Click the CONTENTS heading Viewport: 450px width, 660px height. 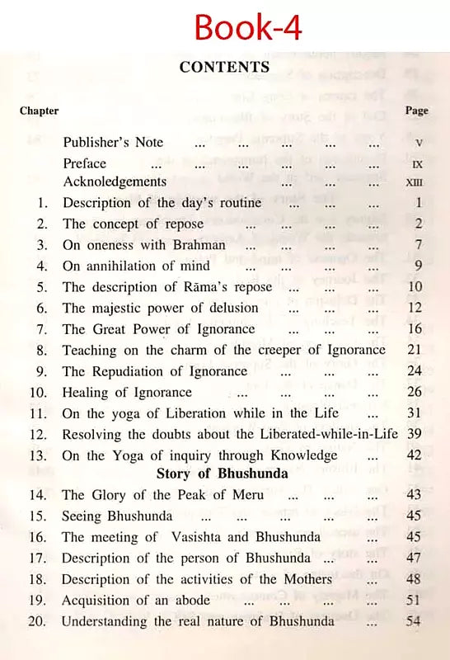pos(224,67)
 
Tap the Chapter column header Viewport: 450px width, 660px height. pos(39,111)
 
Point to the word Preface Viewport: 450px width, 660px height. pos(86,163)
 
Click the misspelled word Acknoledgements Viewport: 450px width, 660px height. pos(115,181)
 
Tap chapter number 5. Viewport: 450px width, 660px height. pos(43,287)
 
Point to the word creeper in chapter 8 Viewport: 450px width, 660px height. pos(277,350)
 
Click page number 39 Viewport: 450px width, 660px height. pos(415,434)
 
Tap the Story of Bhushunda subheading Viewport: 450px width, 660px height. pos(223,474)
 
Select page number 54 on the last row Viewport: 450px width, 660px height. pos(414,620)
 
